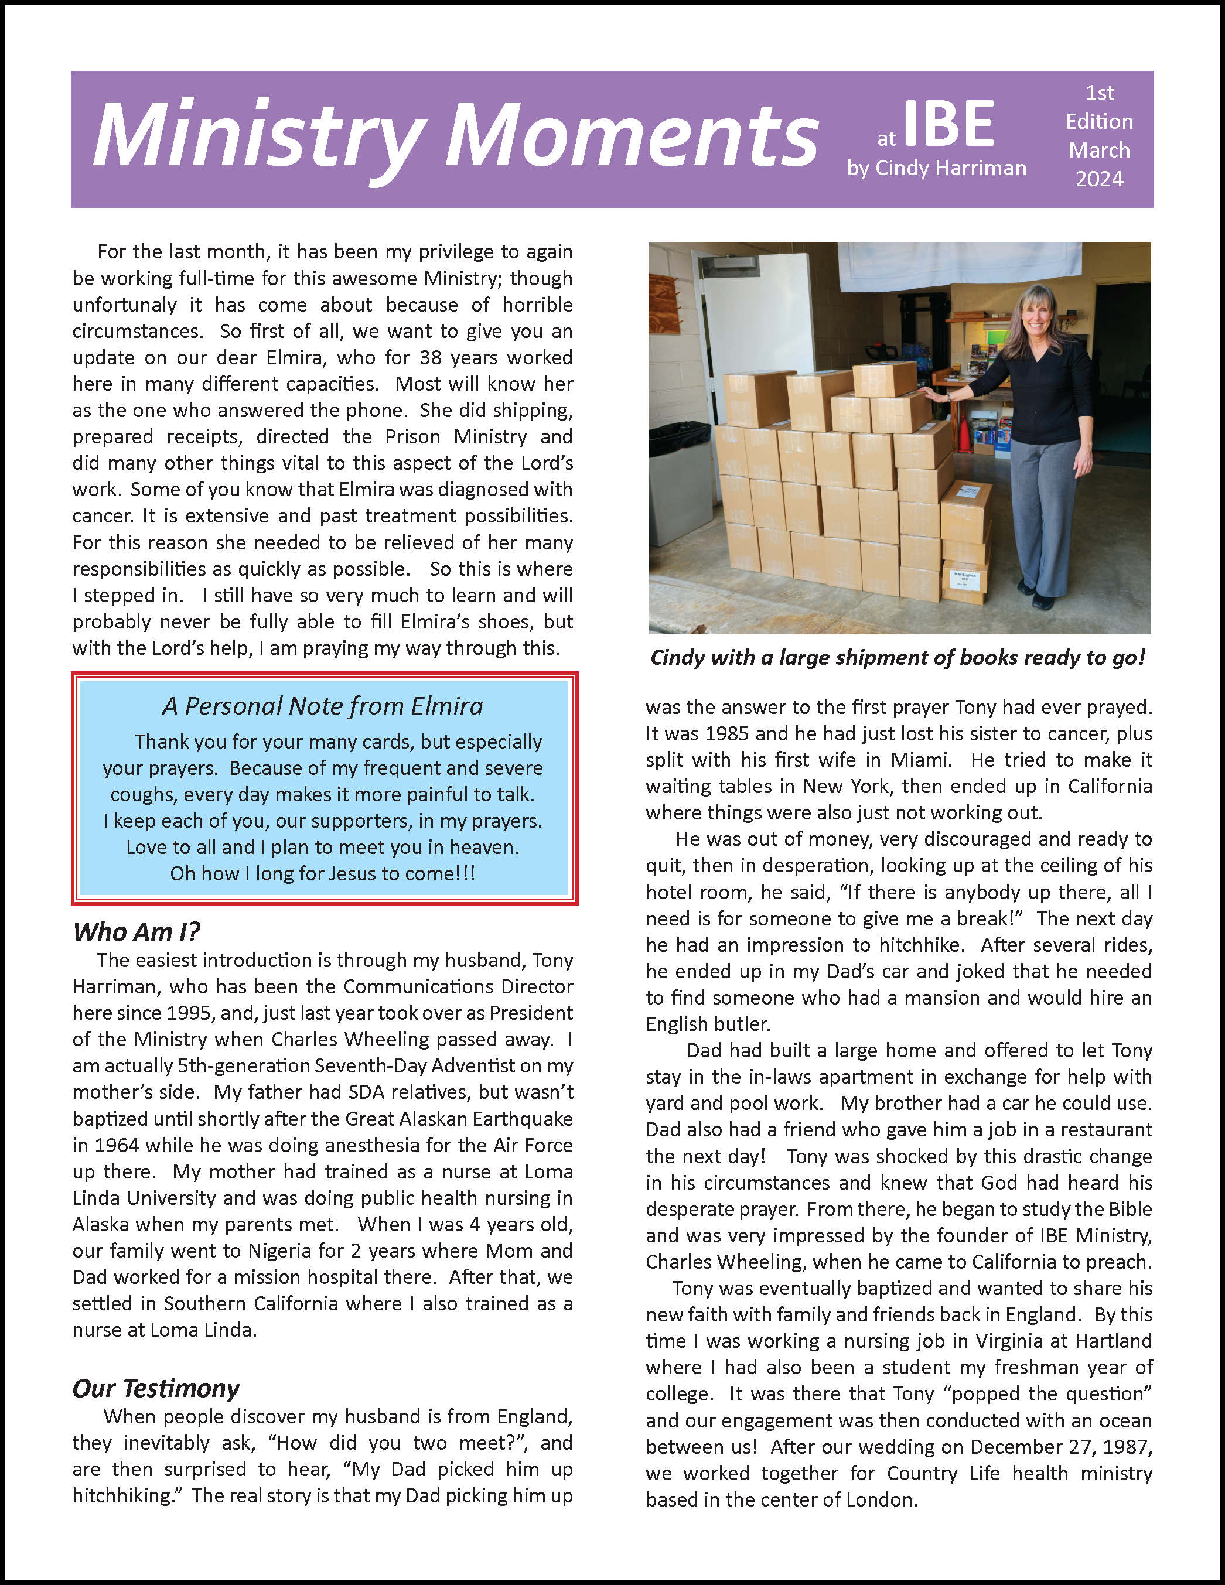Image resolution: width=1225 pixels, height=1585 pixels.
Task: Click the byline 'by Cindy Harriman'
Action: coord(936,168)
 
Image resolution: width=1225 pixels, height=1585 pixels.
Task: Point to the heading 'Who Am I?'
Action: coord(136,932)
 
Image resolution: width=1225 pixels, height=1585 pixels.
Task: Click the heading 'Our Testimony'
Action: coord(155,1388)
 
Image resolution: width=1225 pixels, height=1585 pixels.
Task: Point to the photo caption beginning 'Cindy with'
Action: coord(898,658)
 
